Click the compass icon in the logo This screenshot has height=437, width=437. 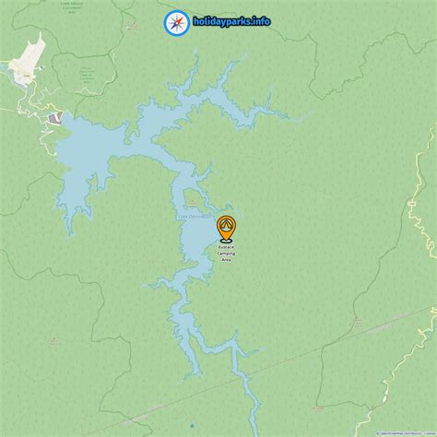175,21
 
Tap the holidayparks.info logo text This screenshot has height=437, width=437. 231,21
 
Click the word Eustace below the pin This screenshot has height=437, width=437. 226,247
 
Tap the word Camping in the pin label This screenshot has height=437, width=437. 226,254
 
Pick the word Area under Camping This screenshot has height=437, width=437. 226,260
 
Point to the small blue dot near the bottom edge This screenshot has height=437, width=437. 191,426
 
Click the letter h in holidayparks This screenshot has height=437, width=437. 195,21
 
